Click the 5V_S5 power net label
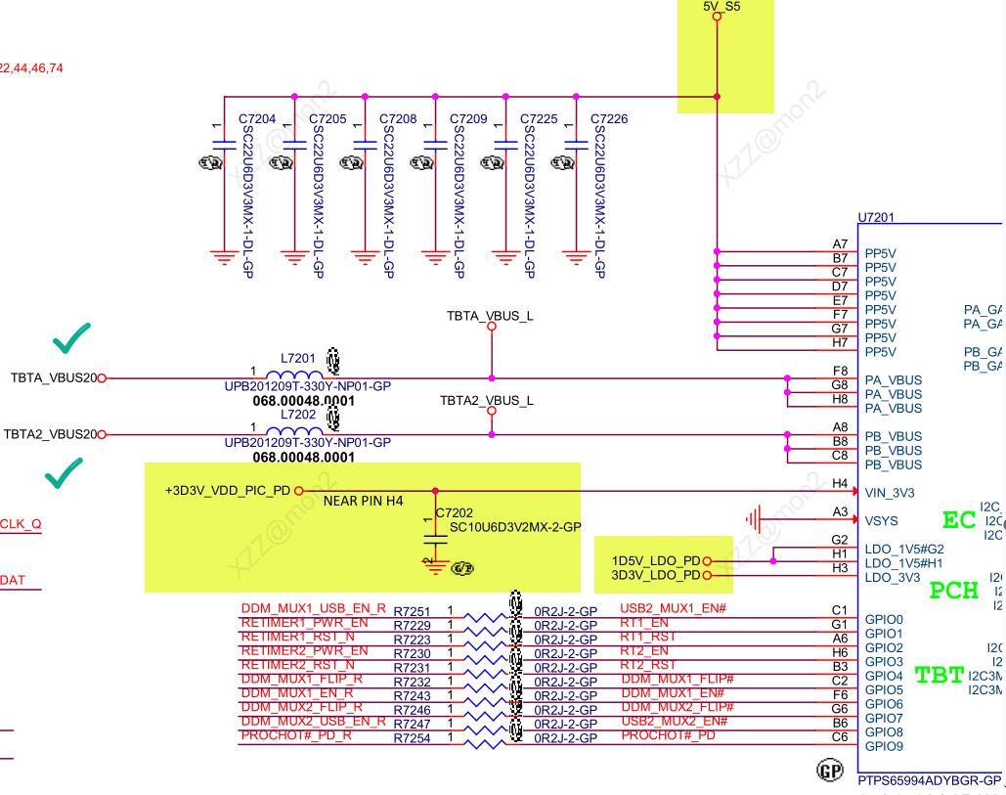(722, 7)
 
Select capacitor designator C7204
(257, 119)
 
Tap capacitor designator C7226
(609, 119)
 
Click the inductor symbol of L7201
(294, 376)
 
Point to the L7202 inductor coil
(294, 433)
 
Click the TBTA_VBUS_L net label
(490, 316)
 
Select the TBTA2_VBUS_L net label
(486, 401)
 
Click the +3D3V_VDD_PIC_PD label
(227, 491)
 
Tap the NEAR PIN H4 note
(363, 502)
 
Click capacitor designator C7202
(455, 512)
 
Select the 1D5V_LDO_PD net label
(656, 561)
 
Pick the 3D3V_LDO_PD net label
(656, 576)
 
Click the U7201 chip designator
(876, 217)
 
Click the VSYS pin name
(881, 521)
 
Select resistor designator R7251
(412, 611)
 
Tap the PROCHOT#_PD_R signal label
(296, 736)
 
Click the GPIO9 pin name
(884, 747)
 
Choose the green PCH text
(954, 592)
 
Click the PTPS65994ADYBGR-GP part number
(930, 780)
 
